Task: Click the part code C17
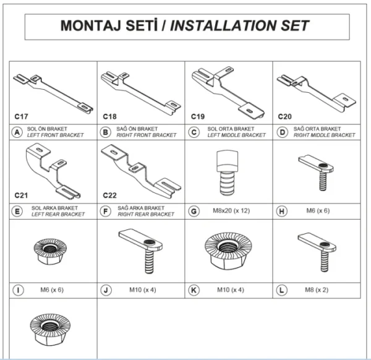click(x=21, y=116)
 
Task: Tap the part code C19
click(x=198, y=116)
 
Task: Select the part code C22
click(x=109, y=195)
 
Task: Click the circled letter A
click(x=17, y=132)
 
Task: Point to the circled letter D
click(x=283, y=132)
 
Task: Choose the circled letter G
click(x=194, y=211)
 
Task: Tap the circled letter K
click(x=194, y=290)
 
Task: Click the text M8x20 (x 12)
click(x=231, y=211)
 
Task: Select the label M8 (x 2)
click(x=317, y=289)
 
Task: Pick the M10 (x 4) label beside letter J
click(x=143, y=289)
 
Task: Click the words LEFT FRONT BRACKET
click(x=56, y=135)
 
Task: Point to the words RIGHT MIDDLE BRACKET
click(x=325, y=135)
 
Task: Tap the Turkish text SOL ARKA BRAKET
click(x=54, y=208)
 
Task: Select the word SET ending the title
click(x=295, y=25)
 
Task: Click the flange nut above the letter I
click(x=50, y=252)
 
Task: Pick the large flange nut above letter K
click(x=228, y=251)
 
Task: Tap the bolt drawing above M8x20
click(x=227, y=173)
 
